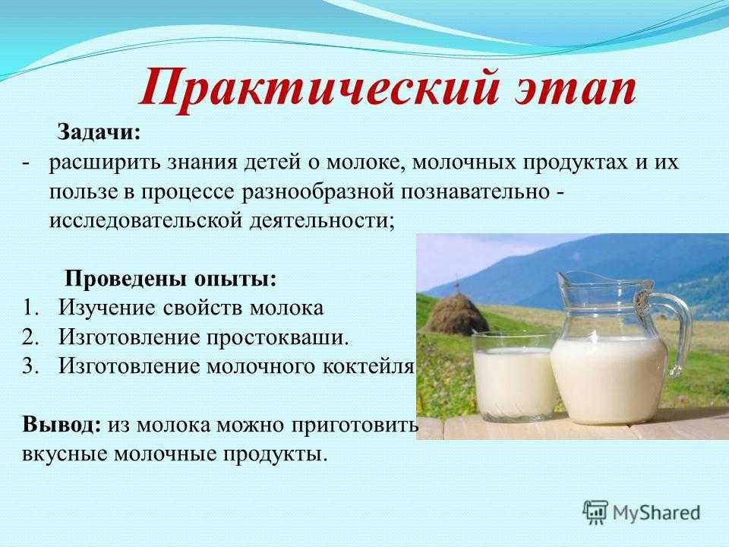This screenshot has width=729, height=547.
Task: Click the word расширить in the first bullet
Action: (x=103, y=163)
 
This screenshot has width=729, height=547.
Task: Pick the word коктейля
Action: (x=368, y=367)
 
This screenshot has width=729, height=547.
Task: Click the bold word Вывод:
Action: (x=62, y=425)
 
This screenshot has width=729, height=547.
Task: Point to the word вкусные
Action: (x=65, y=454)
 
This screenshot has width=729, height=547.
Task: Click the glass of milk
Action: (x=513, y=376)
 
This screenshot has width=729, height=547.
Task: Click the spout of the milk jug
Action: (x=564, y=279)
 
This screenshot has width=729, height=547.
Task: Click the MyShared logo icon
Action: (x=595, y=512)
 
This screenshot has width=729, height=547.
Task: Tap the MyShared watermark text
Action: (x=656, y=513)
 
